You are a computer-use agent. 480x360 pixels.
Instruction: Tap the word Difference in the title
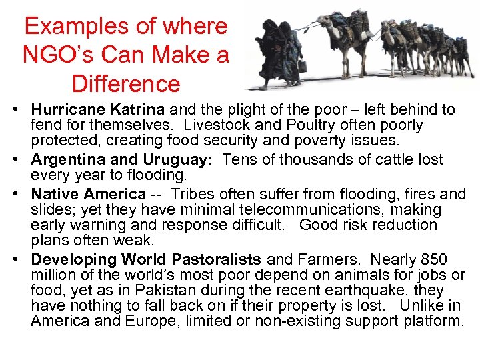126,85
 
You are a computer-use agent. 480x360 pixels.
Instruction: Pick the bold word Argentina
69,160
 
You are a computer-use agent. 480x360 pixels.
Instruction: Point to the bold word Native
55,195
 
